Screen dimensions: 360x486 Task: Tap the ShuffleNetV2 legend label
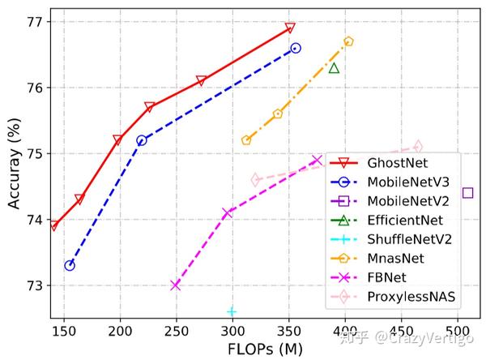pyautogui.click(x=410, y=239)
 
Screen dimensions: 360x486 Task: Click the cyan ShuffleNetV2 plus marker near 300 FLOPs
pyautogui.click(x=232, y=311)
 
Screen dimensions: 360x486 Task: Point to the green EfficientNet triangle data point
pyautogui.click(x=334, y=67)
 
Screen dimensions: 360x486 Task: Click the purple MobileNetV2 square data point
pyautogui.click(x=467, y=193)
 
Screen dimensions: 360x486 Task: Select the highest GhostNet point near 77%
pyautogui.click(x=290, y=28)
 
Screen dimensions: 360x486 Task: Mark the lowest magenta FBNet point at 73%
pyautogui.click(x=175, y=285)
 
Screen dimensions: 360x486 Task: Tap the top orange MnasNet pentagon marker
pyautogui.click(x=348, y=41)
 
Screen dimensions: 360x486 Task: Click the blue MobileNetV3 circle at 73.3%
pyautogui.click(x=70, y=265)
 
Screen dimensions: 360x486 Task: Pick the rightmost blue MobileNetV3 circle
pyautogui.click(x=296, y=48)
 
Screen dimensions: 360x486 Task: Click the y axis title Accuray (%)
pyautogui.click(x=14, y=166)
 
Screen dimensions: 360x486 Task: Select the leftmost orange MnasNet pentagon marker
pyautogui.click(x=246, y=140)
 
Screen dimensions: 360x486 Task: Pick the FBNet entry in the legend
pyautogui.click(x=387, y=278)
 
